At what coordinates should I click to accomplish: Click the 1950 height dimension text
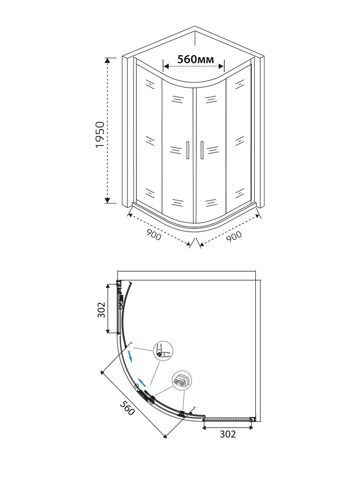[x=100, y=135]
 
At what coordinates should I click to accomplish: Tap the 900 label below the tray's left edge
[x=154, y=235]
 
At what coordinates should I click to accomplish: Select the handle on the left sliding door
[x=187, y=150]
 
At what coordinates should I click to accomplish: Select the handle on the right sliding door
[x=202, y=150]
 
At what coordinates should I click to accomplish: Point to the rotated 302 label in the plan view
[x=101, y=310]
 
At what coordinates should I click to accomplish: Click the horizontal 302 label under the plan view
[x=228, y=434]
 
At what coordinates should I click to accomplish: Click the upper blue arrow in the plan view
[x=131, y=356]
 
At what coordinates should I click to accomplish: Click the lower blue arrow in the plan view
[x=142, y=382]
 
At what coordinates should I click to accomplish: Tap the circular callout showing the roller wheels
[x=182, y=381]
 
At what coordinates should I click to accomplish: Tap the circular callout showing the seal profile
[x=163, y=351]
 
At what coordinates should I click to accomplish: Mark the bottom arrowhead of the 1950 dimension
[x=107, y=200]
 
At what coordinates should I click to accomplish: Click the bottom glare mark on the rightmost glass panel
[x=240, y=193]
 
